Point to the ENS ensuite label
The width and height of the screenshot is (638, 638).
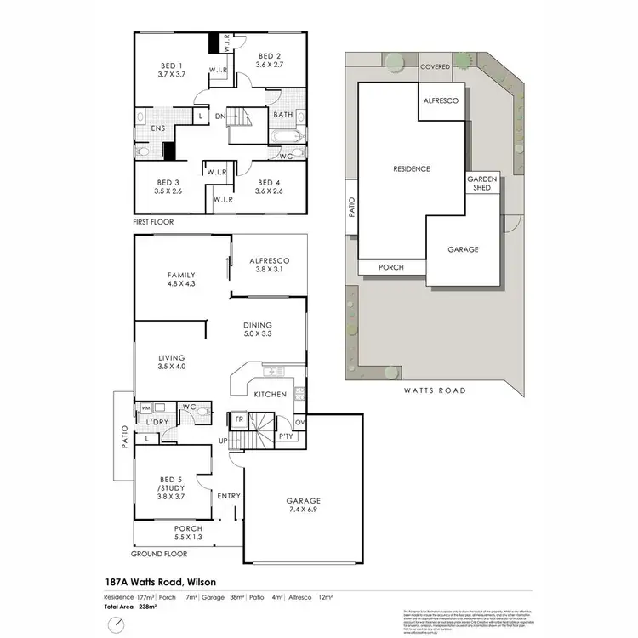(158, 129)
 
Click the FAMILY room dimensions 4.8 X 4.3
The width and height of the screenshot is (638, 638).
(181, 285)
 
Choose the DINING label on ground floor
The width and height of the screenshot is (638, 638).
(257, 325)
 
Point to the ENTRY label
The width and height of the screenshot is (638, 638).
(229, 496)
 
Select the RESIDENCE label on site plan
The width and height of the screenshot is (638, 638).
(411, 168)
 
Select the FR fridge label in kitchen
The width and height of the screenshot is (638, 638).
(239, 419)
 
